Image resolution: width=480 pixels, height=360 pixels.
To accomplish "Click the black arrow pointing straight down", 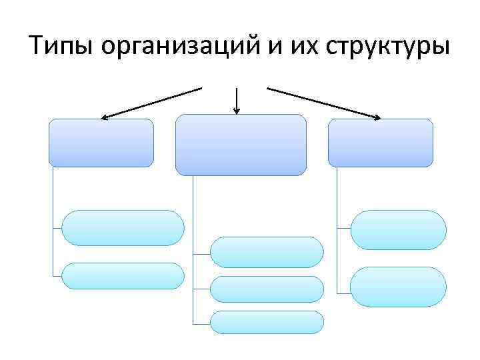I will (x=237, y=100).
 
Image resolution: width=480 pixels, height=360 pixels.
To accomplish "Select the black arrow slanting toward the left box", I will (x=151, y=103).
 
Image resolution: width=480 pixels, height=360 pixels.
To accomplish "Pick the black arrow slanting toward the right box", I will (x=324, y=103).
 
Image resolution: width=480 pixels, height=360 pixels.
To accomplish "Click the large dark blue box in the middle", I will (x=241, y=145).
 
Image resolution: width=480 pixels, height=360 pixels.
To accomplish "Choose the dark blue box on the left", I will (x=101, y=143).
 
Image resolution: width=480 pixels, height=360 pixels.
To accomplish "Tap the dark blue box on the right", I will (x=380, y=143).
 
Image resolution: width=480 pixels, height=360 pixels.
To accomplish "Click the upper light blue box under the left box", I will (x=123, y=228).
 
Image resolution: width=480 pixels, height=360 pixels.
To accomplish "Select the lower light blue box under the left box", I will (x=123, y=276).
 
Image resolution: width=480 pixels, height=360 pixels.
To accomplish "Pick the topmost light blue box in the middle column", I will (x=267, y=252).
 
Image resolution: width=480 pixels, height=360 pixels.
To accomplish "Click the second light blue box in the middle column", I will (x=267, y=289).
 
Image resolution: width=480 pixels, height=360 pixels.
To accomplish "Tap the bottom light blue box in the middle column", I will (x=267, y=322).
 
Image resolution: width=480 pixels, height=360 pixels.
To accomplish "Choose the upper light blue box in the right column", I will (x=398, y=230).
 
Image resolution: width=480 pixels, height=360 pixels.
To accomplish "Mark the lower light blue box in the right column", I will (x=398, y=287).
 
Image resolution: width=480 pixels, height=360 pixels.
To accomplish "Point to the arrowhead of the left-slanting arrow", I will (x=104, y=118).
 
